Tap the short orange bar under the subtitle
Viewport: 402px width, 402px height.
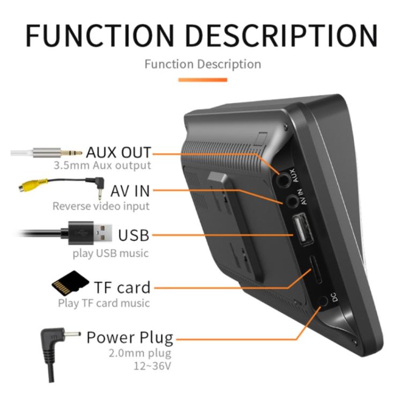coord(202,80)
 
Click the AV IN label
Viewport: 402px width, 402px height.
coord(130,191)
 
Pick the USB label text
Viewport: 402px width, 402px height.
coord(133,235)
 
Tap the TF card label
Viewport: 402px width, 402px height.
coord(122,287)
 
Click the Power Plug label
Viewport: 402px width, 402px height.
coord(130,337)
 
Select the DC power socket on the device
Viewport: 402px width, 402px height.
coord(323,301)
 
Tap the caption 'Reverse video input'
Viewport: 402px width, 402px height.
coord(101,206)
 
